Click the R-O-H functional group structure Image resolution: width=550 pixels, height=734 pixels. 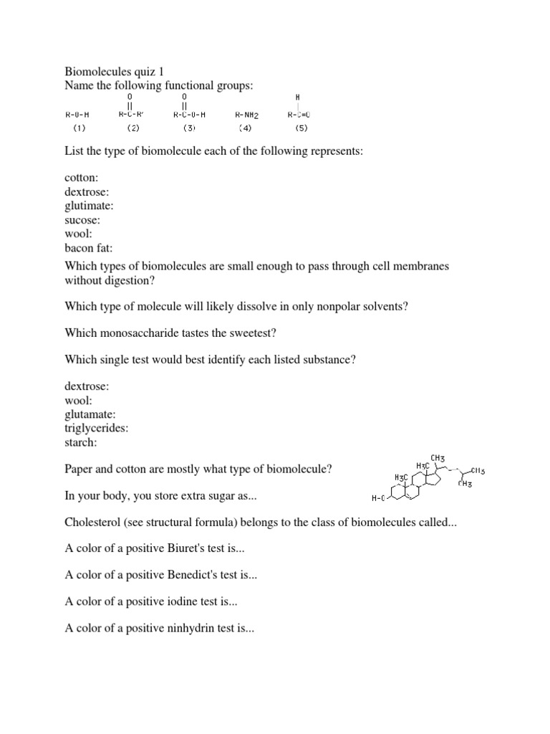tap(77, 114)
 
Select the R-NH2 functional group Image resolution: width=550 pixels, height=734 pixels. tap(246, 114)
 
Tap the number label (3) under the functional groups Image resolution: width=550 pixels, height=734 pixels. tap(189, 129)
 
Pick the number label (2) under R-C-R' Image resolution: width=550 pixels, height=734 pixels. tap(133, 129)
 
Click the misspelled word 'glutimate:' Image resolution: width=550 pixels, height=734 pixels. tap(89, 206)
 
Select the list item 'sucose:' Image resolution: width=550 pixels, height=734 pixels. tap(82, 220)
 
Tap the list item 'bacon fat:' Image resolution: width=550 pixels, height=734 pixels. tap(89, 249)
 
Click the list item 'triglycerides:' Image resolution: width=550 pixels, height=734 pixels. tap(97, 429)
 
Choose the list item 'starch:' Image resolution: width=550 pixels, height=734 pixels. tap(80, 443)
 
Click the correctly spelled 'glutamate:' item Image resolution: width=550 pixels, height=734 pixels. tap(90, 414)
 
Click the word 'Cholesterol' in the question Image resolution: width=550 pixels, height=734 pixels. tap(92, 523)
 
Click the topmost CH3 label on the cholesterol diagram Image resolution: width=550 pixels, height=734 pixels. tap(438, 457)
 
